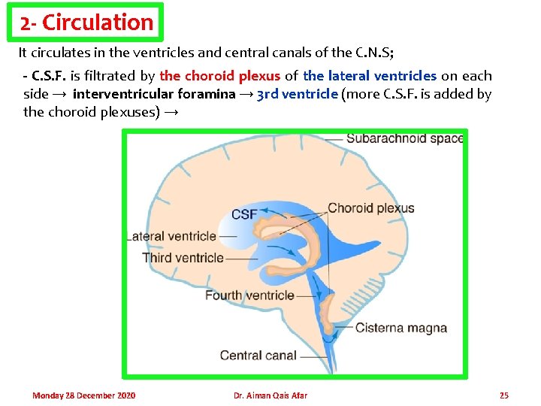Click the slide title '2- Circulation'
tap(87, 23)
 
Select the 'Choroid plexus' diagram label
tap(371, 208)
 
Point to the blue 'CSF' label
tap(244, 214)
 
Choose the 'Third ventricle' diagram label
tap(183, 258)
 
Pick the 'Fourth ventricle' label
tap(249, 295)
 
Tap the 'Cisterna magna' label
tap(401, 328)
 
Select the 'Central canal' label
tap(258, 355)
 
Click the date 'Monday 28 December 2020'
tap(84, 395)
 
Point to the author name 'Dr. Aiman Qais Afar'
tap(270, 395)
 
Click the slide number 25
tap(504, 395)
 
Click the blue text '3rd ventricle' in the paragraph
tap(297, 94)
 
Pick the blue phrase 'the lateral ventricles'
tap(370, 76)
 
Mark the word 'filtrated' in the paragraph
tap(113, 76)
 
